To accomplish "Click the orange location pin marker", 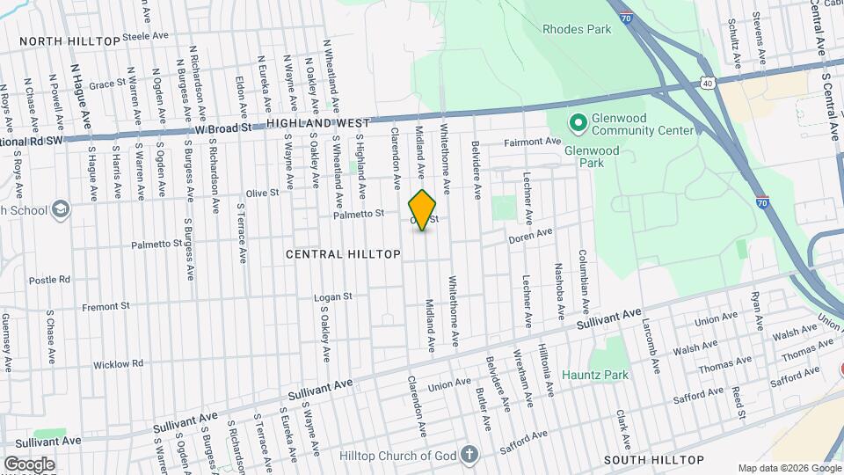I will tap(423, 210).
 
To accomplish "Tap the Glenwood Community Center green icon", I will tap(578, 121).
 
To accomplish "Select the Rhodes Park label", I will tap(577, 29).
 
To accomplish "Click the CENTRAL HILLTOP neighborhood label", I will tap(344, 254).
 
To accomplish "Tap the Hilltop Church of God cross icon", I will tap(470, 454).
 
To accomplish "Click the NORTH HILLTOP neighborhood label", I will tap(69, 41).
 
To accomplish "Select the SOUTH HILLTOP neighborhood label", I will tap(652, 460).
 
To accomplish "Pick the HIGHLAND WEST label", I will tap(319, 124).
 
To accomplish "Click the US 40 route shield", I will tap(708, 82).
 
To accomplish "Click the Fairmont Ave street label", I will tap(532, 142).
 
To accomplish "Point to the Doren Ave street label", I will tap(531, 234).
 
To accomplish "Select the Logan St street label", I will tap(334, 297).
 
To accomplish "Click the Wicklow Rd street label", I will tap(118, 363).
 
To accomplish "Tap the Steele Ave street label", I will tap(145, 37).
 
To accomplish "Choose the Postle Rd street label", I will tap(49, 280).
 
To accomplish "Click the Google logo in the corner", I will tap(29, 464).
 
